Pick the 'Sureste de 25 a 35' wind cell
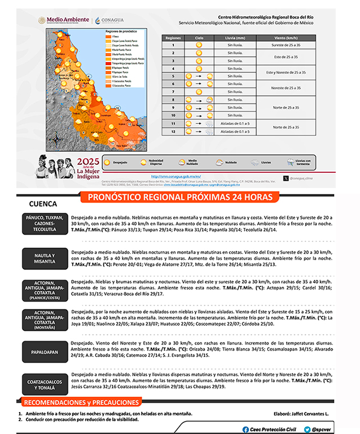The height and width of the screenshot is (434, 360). pyautogui.click(x=285, y=44)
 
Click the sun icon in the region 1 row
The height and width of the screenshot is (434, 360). pyautogui.click(x=199, y=44)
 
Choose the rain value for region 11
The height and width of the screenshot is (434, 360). pyautogui.click(x=235, y=123)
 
